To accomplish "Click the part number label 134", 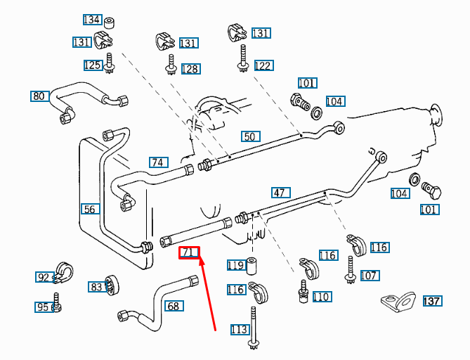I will click(x=91, y=20).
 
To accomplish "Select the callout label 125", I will click(x=93, y=65).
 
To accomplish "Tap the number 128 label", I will click(x=190, y=69).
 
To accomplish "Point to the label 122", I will click(x=263, y=66).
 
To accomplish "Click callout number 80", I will click(x=39, y=96).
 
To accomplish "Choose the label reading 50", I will click(x=250, y=136).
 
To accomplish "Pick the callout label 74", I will click(x=159, y=162).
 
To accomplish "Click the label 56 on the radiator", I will click(x=90, y=209).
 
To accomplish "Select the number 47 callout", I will click(x=280, y=193).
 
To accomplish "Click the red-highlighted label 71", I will click(x=190, y=252).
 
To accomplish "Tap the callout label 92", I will click(x=44, y=278).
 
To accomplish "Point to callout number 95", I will click(x=44, y=307).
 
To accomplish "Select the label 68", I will click(x=174, y=306).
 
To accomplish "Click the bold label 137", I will click(x=432, y=302).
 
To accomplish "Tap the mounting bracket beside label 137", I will click(x=397, y=303).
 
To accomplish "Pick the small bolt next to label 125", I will click(x=109, y=63).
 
